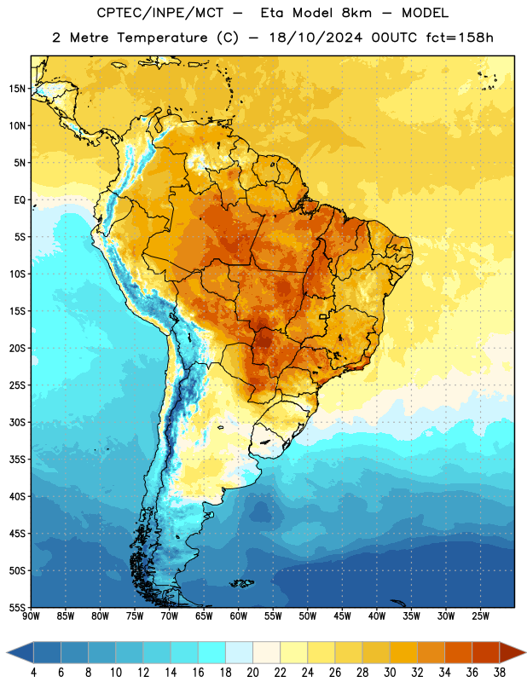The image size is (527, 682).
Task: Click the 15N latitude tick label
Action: pos(17,89)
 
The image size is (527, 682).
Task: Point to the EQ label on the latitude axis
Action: pos(20,200)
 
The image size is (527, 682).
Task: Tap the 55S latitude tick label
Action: pos(17,607)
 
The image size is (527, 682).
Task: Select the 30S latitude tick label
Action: pos(17,422)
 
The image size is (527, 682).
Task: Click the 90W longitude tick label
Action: pos(31,616)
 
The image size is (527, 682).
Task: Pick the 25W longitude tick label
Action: pos(480,616)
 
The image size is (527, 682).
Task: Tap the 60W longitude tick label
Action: pos(239,616)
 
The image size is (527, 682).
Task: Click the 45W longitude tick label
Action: pos(342,616)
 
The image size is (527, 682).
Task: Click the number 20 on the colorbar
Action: pos(252,673)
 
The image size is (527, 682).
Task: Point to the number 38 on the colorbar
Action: pos(500,673)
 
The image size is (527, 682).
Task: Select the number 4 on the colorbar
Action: pos(33,673)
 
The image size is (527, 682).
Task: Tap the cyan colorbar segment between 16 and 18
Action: pos(212,653)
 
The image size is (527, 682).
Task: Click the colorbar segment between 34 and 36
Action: pos(459,653)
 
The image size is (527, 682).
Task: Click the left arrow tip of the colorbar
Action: pos(7,653)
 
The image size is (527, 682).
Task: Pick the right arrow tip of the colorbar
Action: pos(525,653)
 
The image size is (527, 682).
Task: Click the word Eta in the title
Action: pos(272,13)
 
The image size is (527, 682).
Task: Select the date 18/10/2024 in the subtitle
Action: pos(316,38)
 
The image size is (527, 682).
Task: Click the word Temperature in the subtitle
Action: pos(162,38)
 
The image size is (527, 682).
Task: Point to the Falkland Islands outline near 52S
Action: pos(242,583)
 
